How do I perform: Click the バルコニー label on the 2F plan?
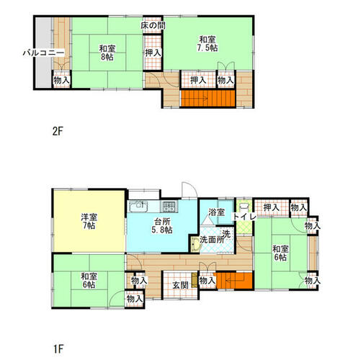(43, 53)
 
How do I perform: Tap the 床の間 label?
(153, 26)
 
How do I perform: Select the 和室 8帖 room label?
(107, 53)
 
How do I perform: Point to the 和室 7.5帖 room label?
(208, 44)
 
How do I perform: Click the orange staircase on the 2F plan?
(208, 98)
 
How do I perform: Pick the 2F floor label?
(58, 131)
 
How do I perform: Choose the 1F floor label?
(58, 349)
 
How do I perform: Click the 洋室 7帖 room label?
(89, 222)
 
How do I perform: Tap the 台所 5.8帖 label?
(162, 225)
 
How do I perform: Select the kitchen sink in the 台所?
(138, 207)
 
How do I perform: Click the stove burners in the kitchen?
(169, 207)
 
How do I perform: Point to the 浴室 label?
(216, 212)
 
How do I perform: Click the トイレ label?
(244, 217)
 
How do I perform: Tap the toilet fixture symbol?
(244, 207)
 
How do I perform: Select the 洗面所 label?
(212, 240)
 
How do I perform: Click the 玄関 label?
(181, 285)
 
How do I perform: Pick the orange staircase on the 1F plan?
(234, 281)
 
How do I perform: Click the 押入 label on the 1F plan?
(272, 207)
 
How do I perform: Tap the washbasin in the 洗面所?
(196, 245)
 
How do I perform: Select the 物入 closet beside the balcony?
(61, 80)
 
